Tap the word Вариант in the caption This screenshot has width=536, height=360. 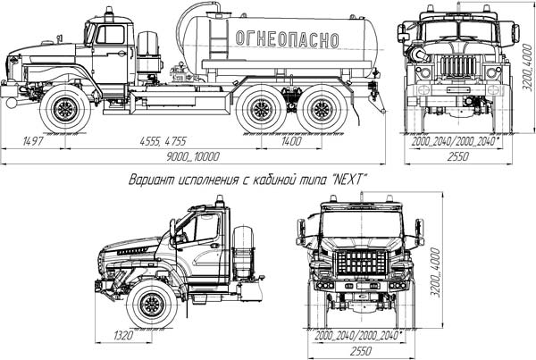154,180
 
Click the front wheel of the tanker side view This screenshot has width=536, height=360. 65,110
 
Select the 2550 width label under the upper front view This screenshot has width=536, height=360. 459,155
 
